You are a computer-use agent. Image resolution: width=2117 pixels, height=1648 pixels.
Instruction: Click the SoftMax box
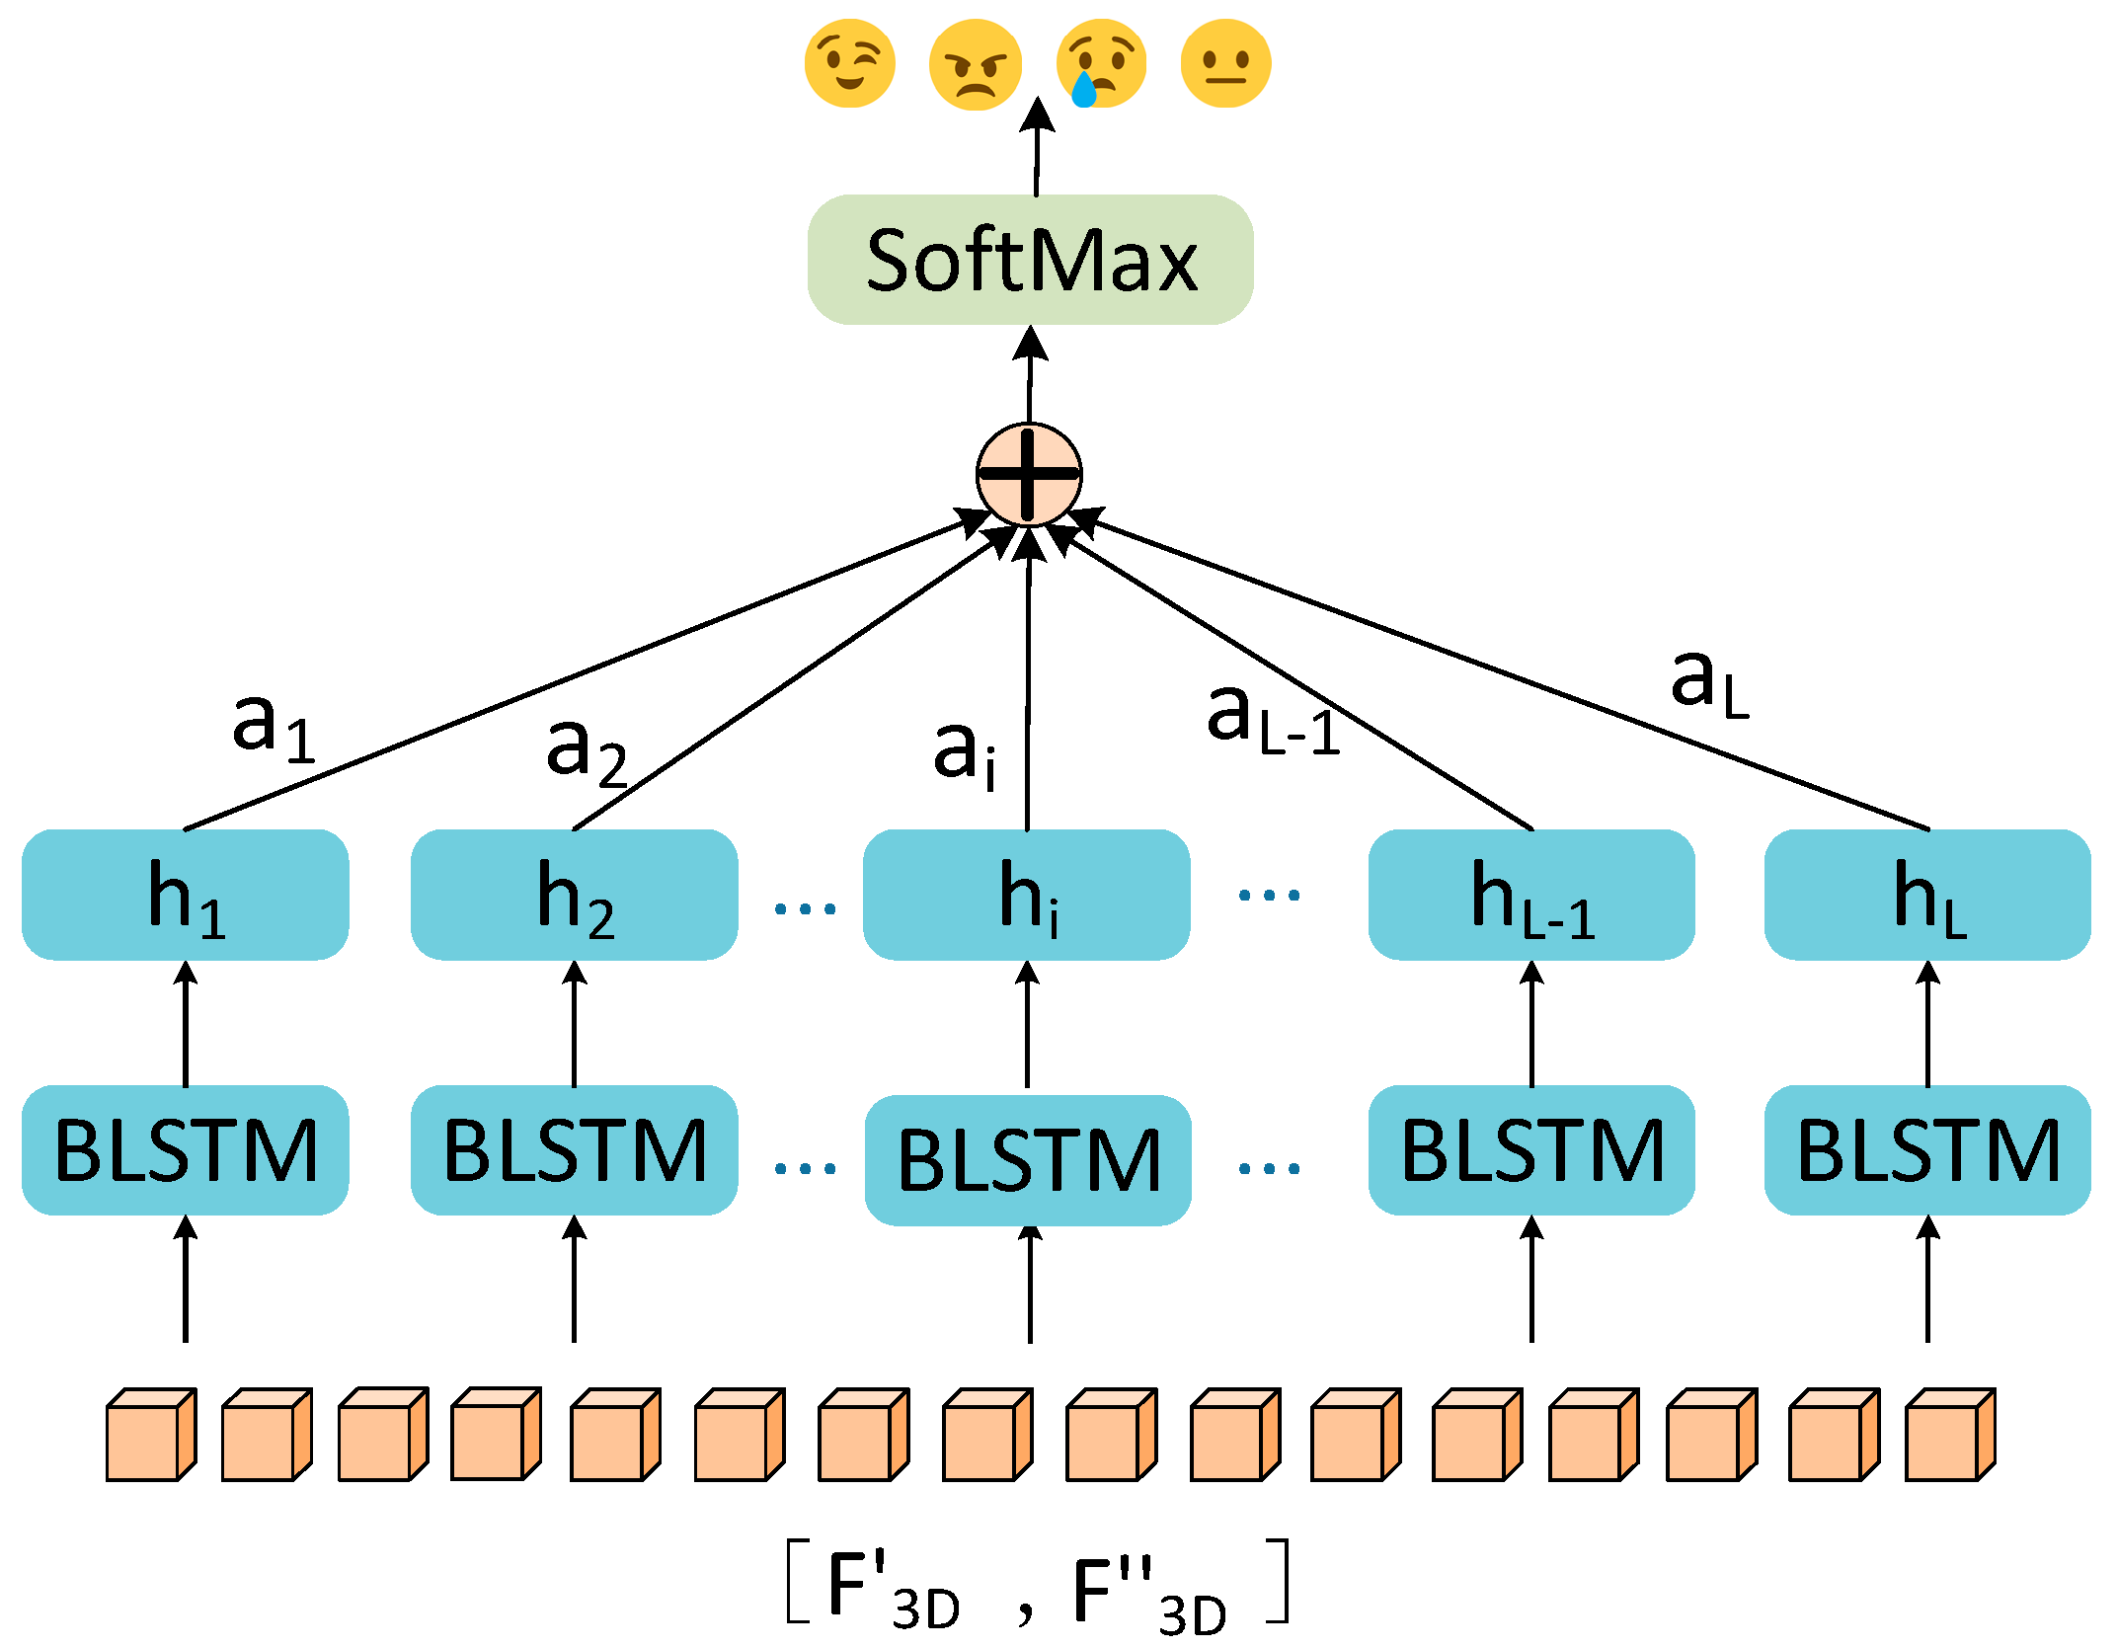(1030, 260)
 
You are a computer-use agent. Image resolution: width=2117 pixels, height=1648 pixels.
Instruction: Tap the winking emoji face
(849, 63)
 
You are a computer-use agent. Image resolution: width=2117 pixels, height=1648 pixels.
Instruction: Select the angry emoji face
(975, 64)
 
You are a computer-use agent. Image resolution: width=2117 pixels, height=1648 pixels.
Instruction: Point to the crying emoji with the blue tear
(1101, 64)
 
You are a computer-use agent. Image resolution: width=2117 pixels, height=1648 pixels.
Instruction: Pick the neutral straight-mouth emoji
(1225, 63)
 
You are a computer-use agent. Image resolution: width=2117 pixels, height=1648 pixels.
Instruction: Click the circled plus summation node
(1028, 475)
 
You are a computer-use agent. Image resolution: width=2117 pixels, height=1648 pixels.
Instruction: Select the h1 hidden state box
(185, 895)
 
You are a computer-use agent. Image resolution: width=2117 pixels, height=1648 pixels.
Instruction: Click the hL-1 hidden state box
(1530, 895)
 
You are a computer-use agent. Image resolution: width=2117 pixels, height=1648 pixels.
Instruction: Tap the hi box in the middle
(1026, 895)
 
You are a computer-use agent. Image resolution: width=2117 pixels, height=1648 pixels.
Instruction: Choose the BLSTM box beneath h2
(574, 1150)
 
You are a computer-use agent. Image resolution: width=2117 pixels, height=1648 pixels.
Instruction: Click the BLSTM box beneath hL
(1926, 1150)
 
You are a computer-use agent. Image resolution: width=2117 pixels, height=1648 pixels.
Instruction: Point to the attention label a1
(273, 726)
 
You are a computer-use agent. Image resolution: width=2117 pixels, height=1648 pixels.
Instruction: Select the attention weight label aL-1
(1272, 718)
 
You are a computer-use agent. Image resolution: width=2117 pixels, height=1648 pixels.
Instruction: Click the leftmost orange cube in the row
(150, 1435)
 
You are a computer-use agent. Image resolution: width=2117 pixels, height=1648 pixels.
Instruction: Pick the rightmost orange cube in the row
(1950, 1435)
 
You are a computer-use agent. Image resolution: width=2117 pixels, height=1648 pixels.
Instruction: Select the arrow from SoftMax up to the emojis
(1036, 148)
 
